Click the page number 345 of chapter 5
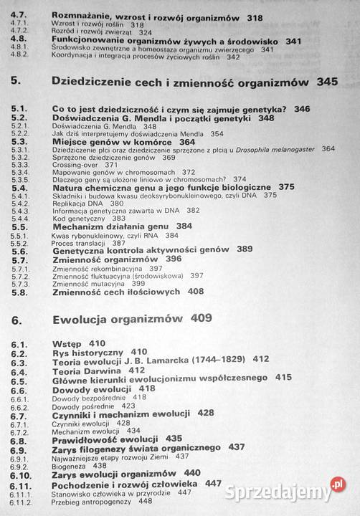[326, 82]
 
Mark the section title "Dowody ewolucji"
[90, 388]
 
